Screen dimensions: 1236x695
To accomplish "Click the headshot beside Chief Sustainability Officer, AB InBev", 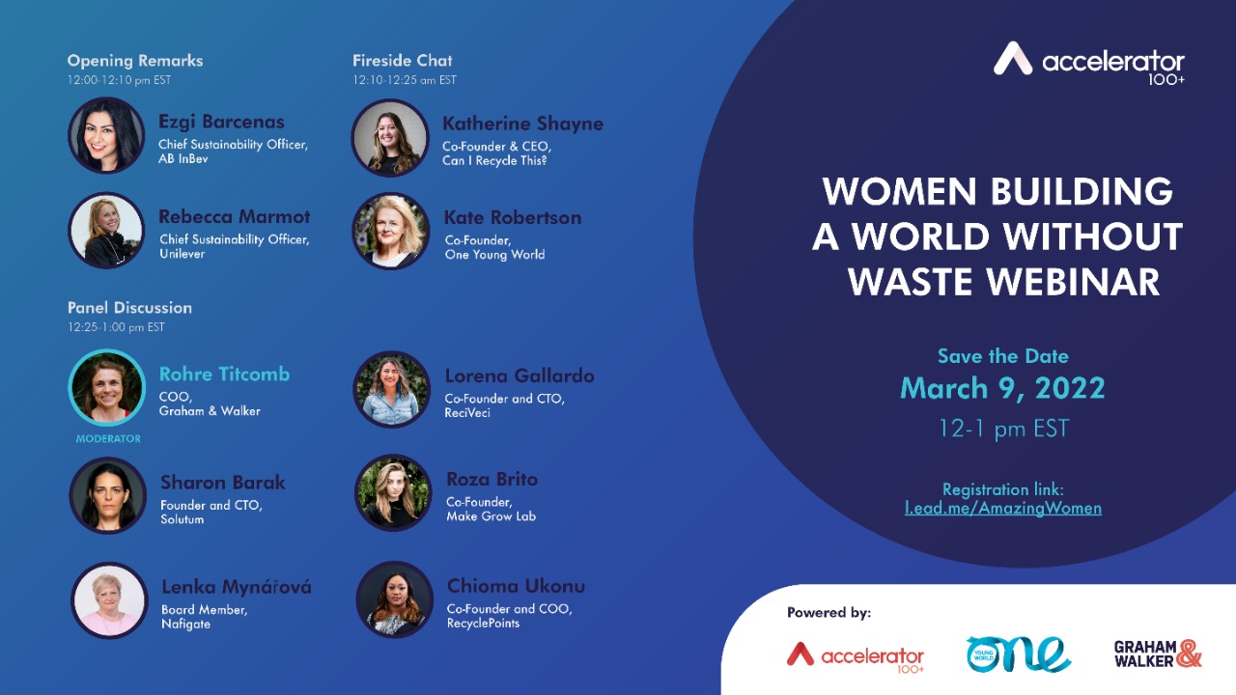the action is (x=106, y=135).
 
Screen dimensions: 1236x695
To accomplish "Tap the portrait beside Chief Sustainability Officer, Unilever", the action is (x=106, y=230).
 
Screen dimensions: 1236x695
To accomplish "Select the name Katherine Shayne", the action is (x=522, y=124).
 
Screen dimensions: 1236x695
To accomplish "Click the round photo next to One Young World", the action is (x=391, y=231).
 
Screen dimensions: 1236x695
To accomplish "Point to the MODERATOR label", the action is (x=108, y=438).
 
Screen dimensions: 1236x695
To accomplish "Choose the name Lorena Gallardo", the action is (x=520, y=375).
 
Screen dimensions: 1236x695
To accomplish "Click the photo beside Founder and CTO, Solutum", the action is (x=107, y=495).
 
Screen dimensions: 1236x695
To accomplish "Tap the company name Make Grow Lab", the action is (x=492, y=516).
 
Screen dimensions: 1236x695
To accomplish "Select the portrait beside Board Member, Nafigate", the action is (x=109, y=600).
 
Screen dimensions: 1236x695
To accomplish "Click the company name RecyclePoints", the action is (x=483, y=624).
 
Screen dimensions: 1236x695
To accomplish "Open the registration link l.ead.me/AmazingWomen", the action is (x=1003, y=508).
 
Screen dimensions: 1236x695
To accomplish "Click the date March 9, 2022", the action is (x=1002, y=388).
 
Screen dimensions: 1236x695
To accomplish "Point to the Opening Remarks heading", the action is (x=135, y=61).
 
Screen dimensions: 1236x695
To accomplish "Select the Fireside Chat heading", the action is (x=403, y=60).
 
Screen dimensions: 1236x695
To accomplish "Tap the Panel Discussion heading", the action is (x=129, y=307).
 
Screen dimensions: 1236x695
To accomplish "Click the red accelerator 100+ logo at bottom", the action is (x=856, y=656).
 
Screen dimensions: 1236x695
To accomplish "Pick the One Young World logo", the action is (x=1018, y=654).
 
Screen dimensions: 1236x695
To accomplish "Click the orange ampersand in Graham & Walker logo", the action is (x=1189, y=653).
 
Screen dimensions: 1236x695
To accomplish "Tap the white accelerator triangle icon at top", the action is (x=1013, y=58).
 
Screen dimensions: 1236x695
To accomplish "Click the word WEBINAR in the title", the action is (x=1073, y=282).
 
